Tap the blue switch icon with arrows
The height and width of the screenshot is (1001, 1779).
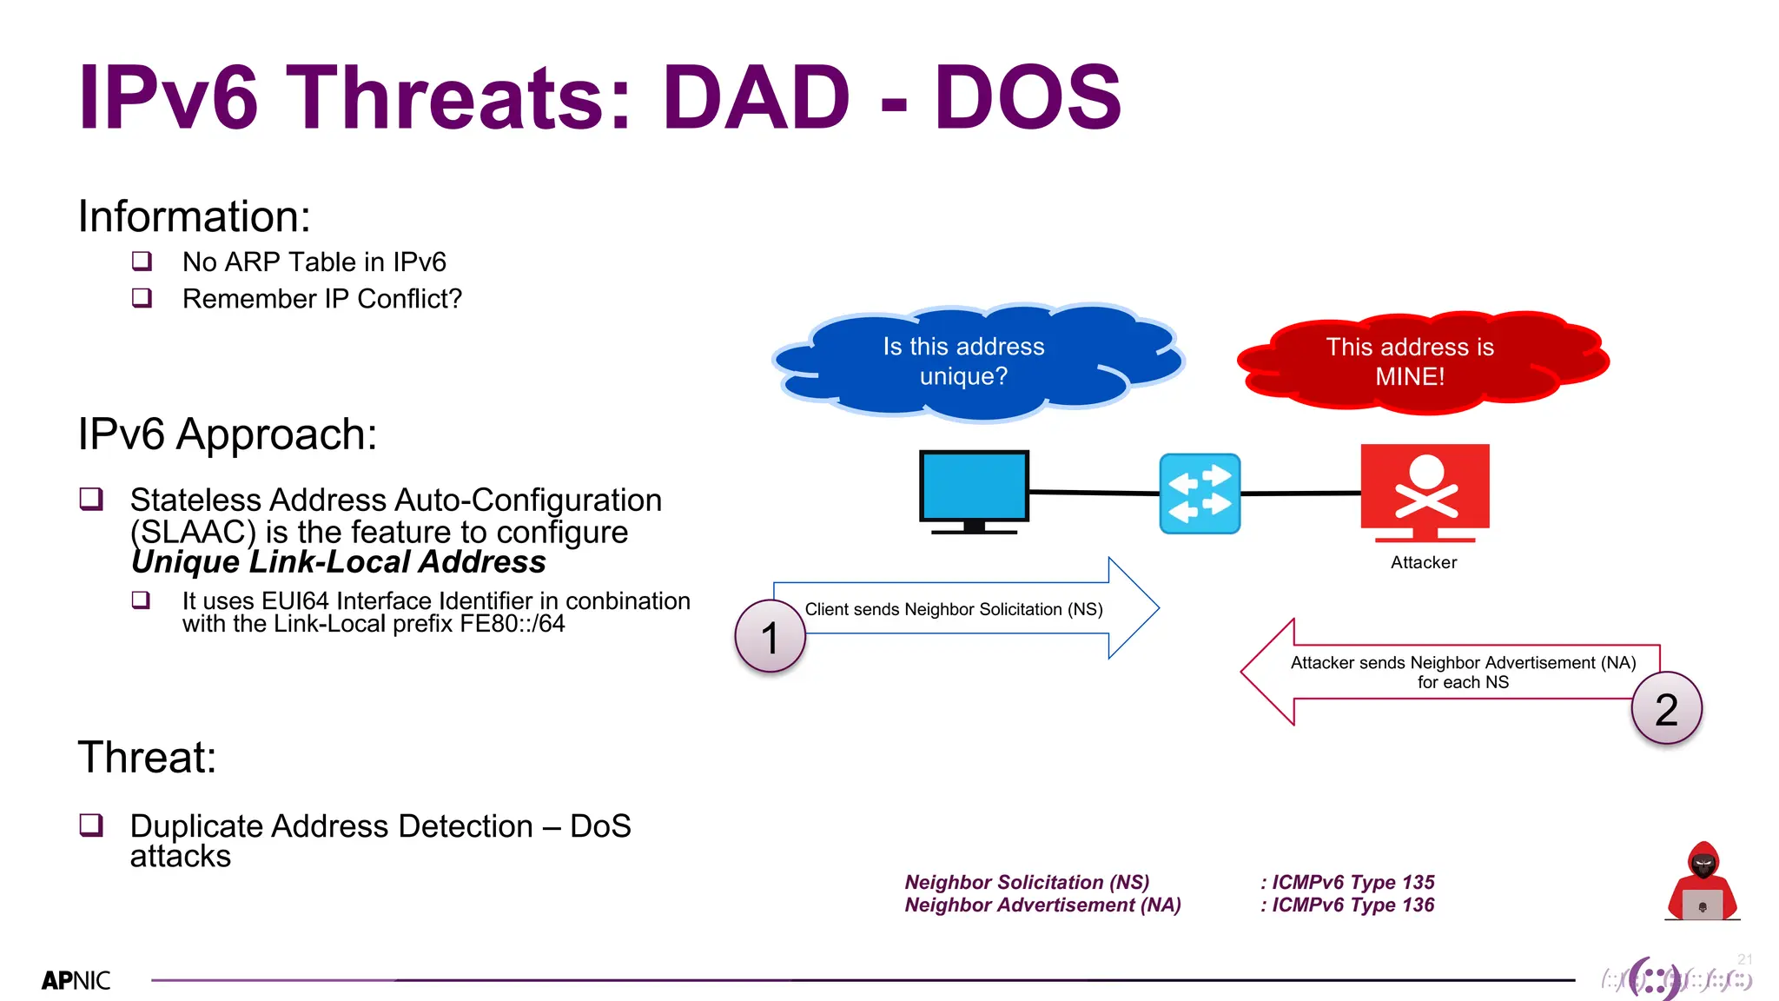tap(1200, 493)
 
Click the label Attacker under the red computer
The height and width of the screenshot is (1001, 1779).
tap(1423, 562)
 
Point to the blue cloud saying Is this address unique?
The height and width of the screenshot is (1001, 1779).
tap(964, 361)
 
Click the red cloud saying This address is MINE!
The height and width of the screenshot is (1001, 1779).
tap(1410, 361)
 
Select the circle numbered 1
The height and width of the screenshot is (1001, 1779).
tap(770, 637)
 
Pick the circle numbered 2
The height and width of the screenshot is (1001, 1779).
tap(1665, 709)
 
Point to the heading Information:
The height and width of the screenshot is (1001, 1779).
tap(194, 215)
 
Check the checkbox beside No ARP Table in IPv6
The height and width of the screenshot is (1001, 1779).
tap(142, 261)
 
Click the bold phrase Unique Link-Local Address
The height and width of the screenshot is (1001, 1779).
tap(338, 562)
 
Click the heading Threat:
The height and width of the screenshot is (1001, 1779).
tap(147, 757)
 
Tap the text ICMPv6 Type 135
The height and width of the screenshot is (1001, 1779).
tap(1352, 882)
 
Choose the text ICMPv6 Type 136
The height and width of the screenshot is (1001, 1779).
tap(1352, 905)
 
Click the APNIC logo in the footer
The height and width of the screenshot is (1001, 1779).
tap(76, 980)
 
